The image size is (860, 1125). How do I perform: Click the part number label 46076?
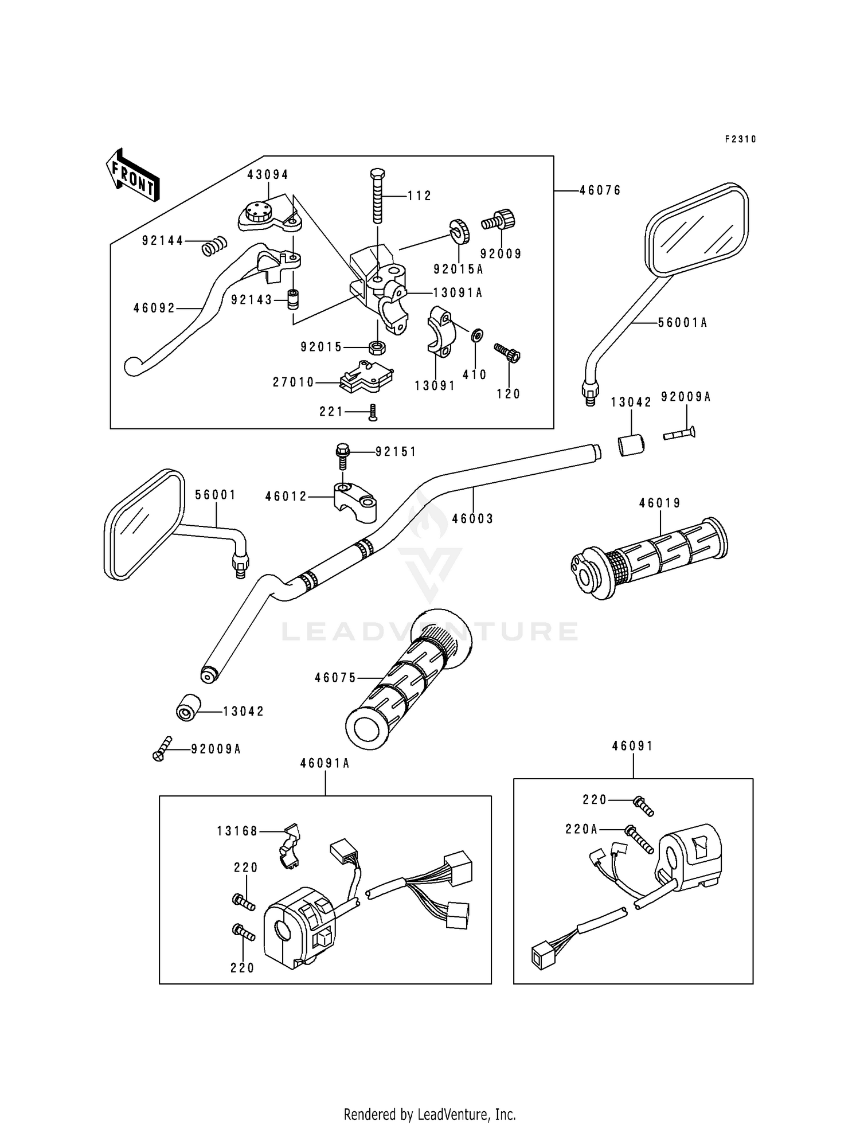point(600,190)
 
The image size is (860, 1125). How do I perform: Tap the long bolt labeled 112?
point(378,196)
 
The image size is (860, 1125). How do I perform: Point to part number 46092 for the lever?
point(154,308)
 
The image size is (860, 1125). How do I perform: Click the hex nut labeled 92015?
point(377,346)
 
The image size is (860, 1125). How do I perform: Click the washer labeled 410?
point(476,335)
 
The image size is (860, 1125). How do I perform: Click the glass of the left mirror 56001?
point(143,523)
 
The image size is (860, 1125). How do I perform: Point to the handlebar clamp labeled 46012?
point(355,502)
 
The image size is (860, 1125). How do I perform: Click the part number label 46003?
point(472,519)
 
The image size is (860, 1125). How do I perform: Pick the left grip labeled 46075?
point(409,678)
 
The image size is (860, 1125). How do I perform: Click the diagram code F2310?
point(741,139)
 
